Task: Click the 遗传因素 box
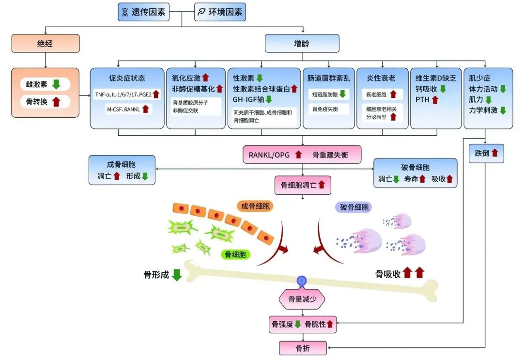coord(144,12)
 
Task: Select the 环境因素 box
coord(220,12)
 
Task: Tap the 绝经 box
coord(46,44)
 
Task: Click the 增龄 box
coord(302,44)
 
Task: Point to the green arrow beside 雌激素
coord(56,84)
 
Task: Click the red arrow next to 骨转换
coord(56,101)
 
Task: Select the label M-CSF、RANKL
coord(123,109)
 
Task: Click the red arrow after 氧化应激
coord(206,78)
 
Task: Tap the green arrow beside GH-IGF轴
coord(268,99)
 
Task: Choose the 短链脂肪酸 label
coord(325,94)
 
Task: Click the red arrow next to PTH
coord(435,99)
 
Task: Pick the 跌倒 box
coord(486,153)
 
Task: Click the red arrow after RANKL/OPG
coord(298,155)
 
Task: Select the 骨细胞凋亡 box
coord(303,185)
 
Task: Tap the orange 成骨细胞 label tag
coord(255,206)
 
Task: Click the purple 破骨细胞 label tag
coord(354,207)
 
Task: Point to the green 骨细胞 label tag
coord(235,254)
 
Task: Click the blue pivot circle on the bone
coord(302,281)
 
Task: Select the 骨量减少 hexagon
coord(302,299)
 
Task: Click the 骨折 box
coord(303,348)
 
